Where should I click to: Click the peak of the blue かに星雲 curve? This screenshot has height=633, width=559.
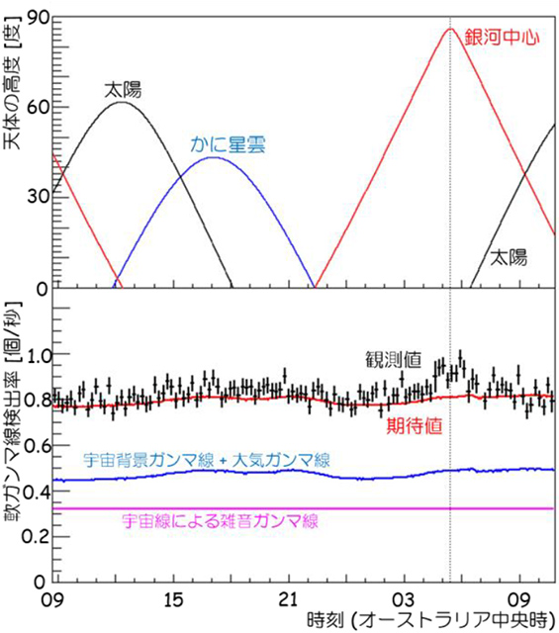pos(215,157)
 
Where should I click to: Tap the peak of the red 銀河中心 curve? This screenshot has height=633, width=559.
pos(450,29)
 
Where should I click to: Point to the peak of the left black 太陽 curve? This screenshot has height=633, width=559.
pos(121,102)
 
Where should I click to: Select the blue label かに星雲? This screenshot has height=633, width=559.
pos(225,143)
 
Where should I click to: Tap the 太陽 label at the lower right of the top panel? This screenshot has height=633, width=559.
pos(509,257)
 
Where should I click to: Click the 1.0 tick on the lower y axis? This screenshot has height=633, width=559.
pos(32,354)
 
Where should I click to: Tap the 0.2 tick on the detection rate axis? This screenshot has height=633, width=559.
pos(32,535)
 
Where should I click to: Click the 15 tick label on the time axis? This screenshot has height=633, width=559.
pos(172,600)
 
